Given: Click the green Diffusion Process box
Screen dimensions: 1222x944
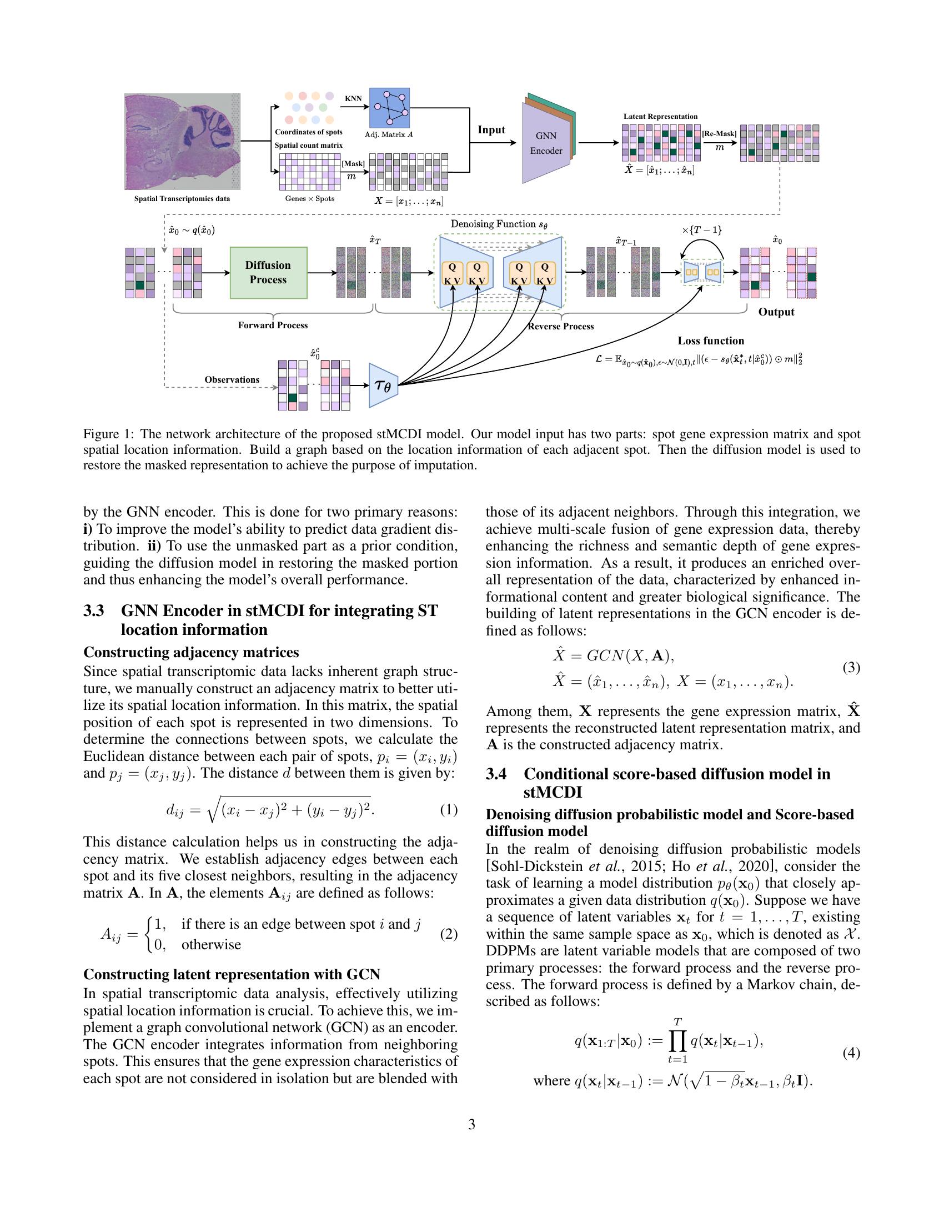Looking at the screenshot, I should [268, 273].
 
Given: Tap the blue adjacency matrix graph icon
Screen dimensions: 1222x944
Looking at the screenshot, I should [389, 108].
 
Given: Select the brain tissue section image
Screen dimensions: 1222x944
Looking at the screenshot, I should [182, 142].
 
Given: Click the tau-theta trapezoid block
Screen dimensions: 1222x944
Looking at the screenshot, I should [383, 385].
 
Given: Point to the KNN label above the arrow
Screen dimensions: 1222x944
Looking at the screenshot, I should [353, 98].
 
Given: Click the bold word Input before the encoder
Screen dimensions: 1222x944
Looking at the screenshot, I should [491, 130].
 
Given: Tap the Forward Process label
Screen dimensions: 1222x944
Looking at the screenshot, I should [272, 325].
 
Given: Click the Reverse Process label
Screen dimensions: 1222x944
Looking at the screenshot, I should [561, 326].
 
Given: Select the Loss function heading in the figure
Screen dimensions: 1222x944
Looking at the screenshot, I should [710, 340].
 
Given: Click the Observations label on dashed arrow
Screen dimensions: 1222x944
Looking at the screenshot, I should [232, 379].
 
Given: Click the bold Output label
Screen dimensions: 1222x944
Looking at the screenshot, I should [776, 312].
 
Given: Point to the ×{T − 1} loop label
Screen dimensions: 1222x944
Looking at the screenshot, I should [701, 230].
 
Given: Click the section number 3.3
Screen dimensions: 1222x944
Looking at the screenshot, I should [94, 610].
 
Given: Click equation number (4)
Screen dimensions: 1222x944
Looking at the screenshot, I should [851, 1053].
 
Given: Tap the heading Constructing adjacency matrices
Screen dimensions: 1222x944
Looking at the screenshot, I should [190, 653].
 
